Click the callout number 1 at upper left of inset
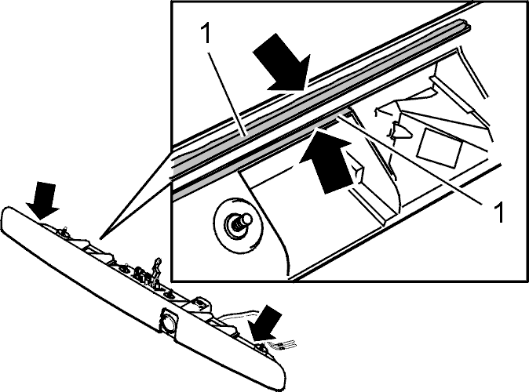(x=205, y=34)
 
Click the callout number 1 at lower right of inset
(x=499, y=212)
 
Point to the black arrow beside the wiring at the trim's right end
(x=265, y=325)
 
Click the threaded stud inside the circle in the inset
(x=240, y=223)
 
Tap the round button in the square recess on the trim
(x=168, y=321)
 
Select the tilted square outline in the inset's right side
(x=440, y=148)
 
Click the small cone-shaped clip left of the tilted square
(x=400, y=131)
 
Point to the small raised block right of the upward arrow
(x=356, y=168)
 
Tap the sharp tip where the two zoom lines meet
(x=100, y=238)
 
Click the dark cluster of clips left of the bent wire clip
(x=141, y=274)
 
